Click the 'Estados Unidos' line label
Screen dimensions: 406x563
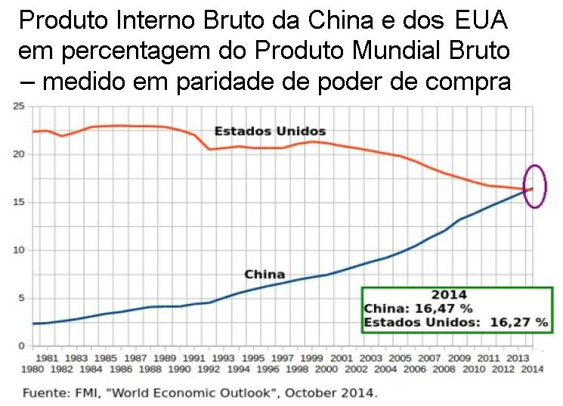[270, 132]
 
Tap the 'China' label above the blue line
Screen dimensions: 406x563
[264, 274]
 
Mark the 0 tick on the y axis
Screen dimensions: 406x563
[23, 346]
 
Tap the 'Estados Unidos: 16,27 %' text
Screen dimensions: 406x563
[456, 322]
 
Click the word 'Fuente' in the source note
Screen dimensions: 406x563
[43, 394]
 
